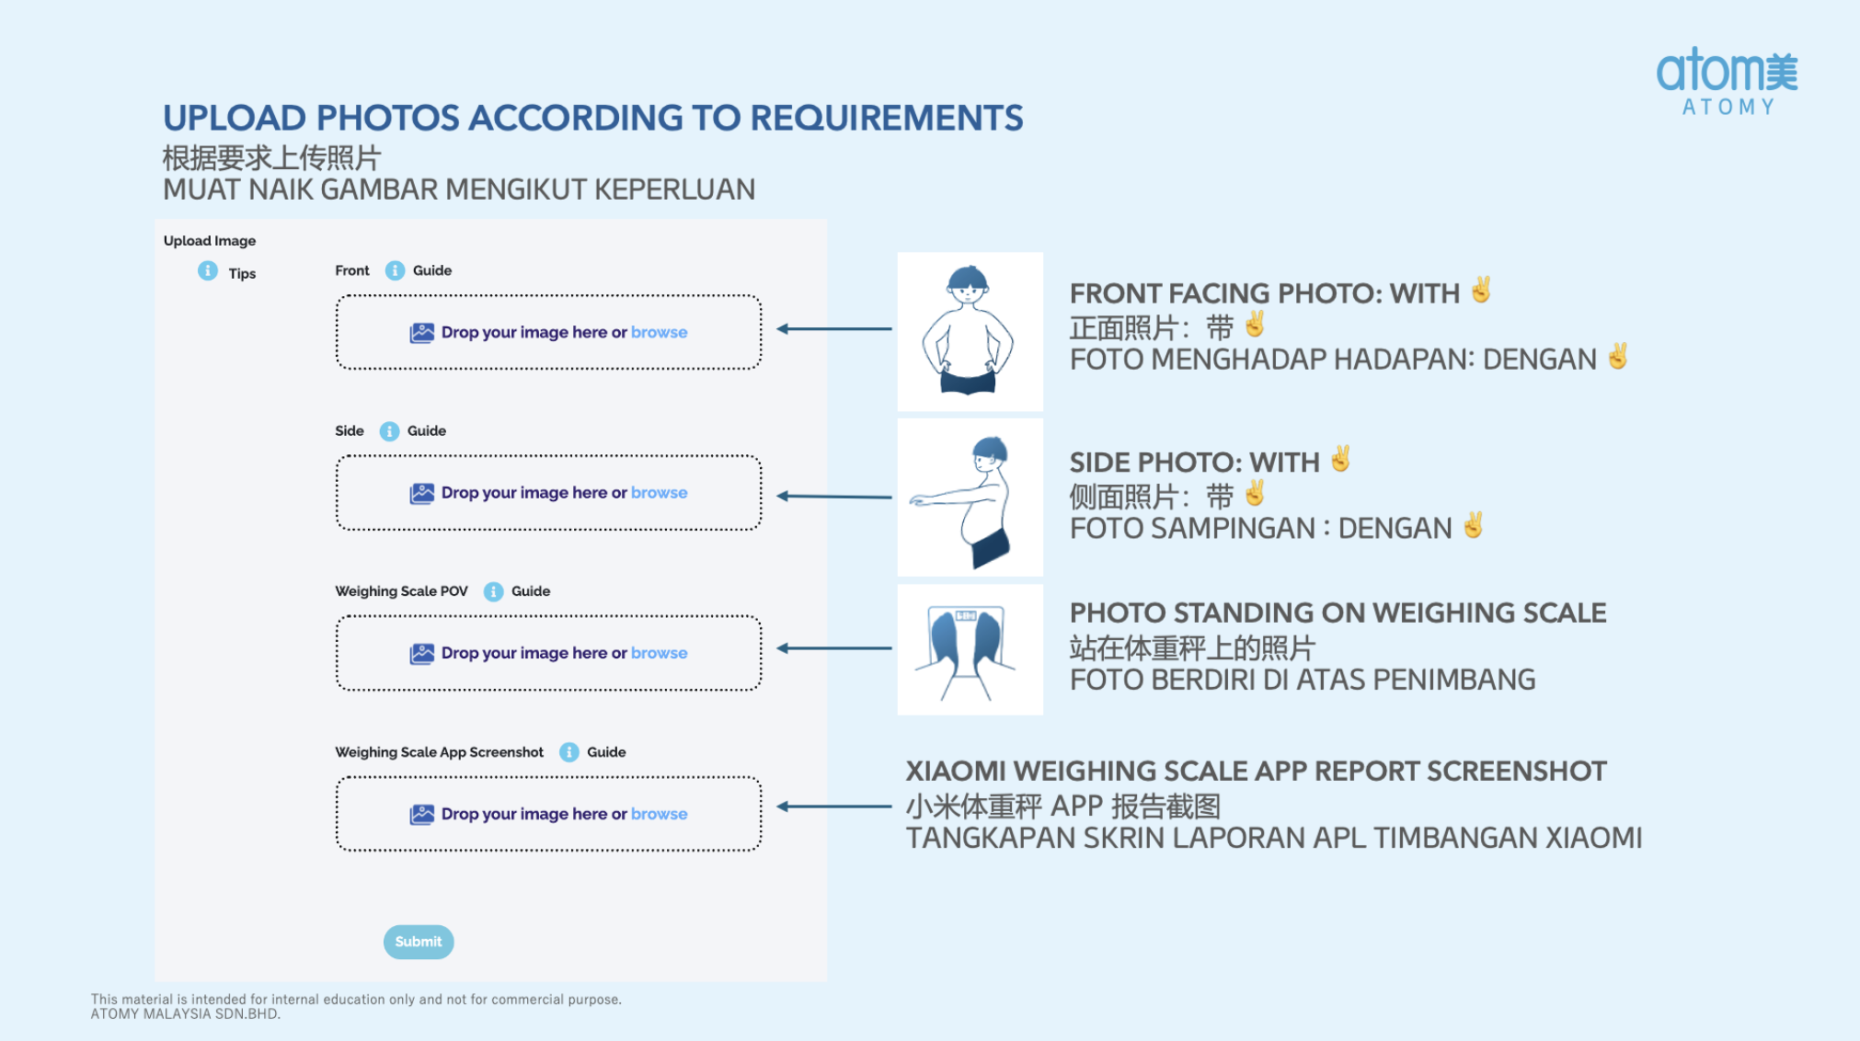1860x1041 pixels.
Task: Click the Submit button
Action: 419,942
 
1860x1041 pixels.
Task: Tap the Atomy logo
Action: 1728,82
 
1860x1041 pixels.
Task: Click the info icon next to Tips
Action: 208,271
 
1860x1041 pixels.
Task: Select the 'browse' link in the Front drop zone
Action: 659,332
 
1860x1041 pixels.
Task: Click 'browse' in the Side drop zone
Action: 659,492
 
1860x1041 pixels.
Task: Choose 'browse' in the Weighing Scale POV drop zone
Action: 659,653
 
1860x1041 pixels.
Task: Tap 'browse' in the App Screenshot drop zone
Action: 659,814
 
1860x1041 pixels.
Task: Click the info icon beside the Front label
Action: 395,270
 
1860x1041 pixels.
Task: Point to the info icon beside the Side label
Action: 390,431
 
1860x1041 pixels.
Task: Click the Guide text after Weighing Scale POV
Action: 531,591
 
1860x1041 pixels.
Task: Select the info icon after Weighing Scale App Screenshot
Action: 569,752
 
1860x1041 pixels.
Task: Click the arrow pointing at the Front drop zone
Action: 834,328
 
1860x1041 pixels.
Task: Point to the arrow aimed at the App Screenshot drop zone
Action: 834,806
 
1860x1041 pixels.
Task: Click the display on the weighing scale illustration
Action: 966,615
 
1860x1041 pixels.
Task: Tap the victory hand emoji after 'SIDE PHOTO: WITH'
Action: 1341,459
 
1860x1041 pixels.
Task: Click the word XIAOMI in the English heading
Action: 956,771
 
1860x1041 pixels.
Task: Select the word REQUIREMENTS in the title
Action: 887,118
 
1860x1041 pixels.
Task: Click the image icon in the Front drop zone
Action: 422,333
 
